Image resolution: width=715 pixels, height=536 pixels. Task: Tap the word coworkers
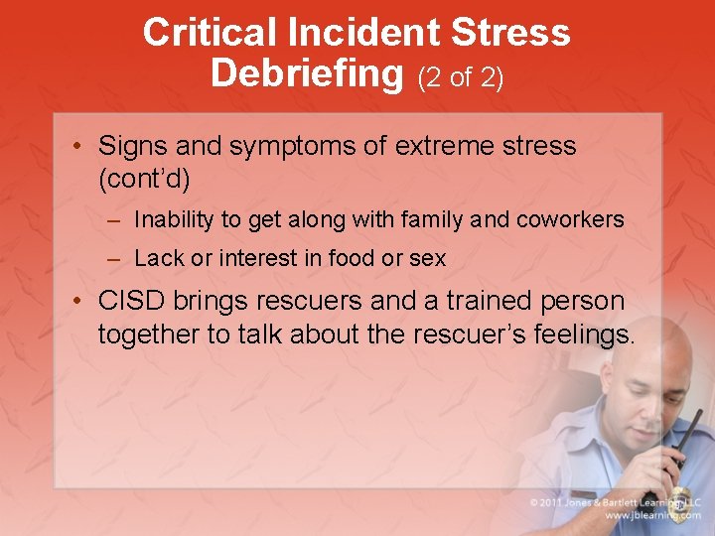coord(570,219)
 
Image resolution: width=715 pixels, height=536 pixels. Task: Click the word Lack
coord(156,259)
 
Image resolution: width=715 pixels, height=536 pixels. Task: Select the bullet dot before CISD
coord(79,301)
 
